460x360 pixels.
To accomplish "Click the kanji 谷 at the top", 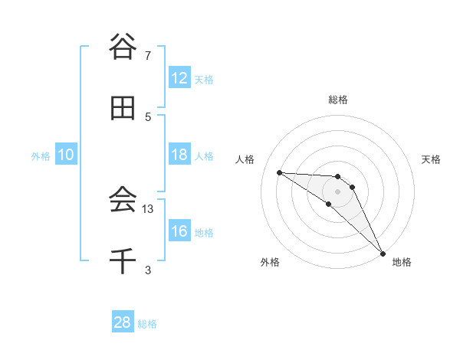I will tap(123, 47).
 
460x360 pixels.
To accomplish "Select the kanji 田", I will tap(123, 109).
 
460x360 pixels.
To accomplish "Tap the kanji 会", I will tap(123, 201).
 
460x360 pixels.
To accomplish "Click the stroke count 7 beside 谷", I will tap(148, 56).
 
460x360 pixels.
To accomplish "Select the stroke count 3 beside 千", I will tap(148, 270).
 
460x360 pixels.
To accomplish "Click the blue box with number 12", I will tap(179, 78).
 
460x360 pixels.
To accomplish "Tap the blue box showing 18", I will tap(179, 155).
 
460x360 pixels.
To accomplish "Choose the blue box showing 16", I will tap(179, 231).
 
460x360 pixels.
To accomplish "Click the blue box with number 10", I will tap(66, 155).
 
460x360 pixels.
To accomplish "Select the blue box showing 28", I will tap(123, 322).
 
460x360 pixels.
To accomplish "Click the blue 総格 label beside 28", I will tap(147, 324).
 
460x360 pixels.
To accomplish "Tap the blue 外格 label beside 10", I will tap(41, 156).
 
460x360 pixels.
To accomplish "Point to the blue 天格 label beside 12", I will tap(204, 80).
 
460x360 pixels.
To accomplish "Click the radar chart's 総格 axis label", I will tap(338, 100).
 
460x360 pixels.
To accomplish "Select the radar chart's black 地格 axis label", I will tap(402, 263).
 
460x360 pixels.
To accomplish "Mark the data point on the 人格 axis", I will tap(279, 172).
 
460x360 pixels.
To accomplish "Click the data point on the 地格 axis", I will tap(383, 253).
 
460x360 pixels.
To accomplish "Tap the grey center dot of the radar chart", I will tap(338, 191).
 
